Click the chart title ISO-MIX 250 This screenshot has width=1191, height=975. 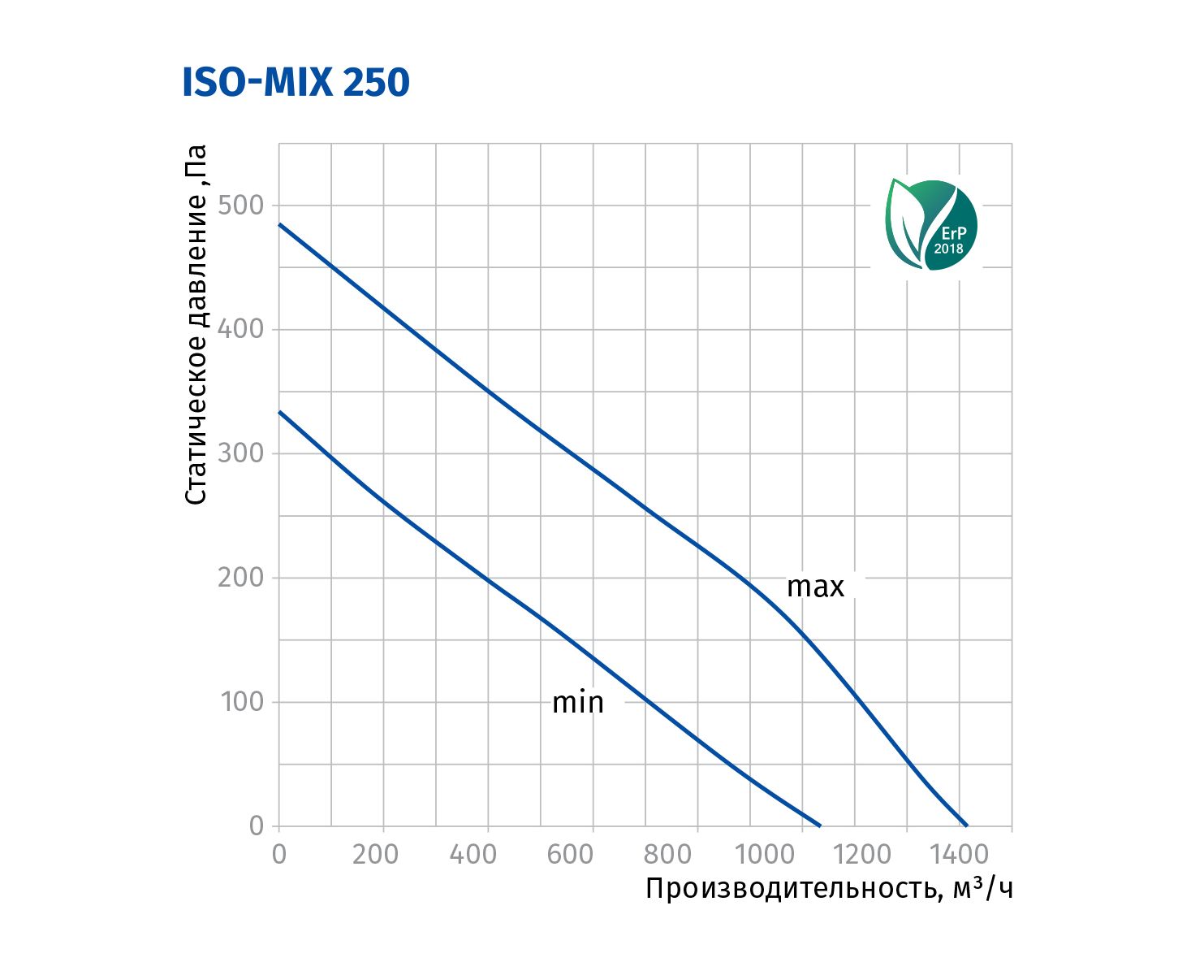click(296, 83)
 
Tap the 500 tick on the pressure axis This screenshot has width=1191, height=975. click(241, 206)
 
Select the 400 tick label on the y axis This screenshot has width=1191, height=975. click(241, 329)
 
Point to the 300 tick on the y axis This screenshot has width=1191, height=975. click(241, 453)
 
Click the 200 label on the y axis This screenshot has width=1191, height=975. click(241, 578)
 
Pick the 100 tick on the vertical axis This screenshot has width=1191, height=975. click(243, 702)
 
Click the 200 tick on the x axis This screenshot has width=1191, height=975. click(375, 855)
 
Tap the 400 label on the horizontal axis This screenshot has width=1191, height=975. click(473, 855)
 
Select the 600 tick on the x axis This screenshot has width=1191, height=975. click(570, 855)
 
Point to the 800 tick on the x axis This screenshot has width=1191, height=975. click(668, 855)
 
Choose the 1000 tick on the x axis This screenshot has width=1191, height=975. click(766, 855)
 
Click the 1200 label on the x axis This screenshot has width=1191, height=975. click(863, 855)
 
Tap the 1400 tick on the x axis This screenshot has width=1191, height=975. click(960, 855)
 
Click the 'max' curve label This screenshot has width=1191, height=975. click(815, 587)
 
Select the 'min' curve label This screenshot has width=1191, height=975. click(577, 703)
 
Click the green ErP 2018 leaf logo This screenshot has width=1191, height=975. click(931, 224)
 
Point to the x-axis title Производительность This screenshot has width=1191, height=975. click(829, 889)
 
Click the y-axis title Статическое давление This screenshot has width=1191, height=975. click(196, 325)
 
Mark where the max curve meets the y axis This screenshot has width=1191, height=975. click(279, 223)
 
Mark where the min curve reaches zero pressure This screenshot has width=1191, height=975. click(821, 825)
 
